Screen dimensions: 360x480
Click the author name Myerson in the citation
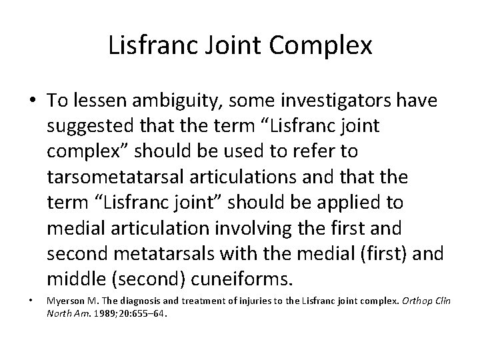[x=65, y=301]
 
